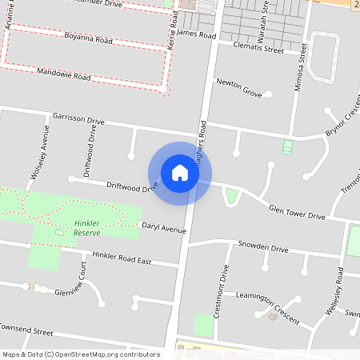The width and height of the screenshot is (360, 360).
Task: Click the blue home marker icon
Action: (180, 172)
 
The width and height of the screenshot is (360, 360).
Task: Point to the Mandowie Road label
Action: (64, 74)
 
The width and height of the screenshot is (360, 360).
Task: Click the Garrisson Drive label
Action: (78, 118)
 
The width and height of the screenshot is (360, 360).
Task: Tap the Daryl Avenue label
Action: (163, 228)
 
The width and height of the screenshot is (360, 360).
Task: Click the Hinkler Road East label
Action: (122, 258)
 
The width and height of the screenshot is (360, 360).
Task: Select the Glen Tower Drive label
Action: (297, 212)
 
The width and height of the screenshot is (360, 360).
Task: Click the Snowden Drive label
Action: (262, 248)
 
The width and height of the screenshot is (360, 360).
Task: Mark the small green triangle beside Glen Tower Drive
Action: (232, 195)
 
